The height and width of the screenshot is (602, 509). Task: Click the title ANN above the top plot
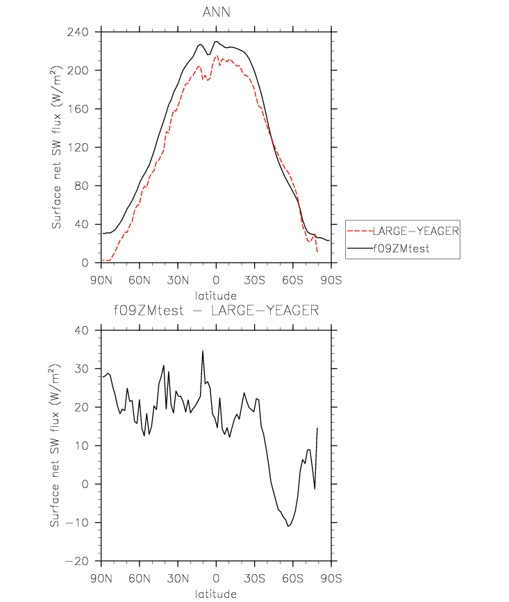click(x=216, y=13)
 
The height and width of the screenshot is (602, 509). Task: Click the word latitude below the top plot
click(x=216, y=295)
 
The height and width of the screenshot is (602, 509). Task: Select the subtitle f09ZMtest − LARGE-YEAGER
click(x=216, y=311)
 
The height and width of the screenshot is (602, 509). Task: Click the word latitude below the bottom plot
click(x=216, y=594)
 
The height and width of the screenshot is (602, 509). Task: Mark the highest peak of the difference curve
click(x=203, y=351)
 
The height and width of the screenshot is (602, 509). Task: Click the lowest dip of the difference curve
click(x=288, y=526)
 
